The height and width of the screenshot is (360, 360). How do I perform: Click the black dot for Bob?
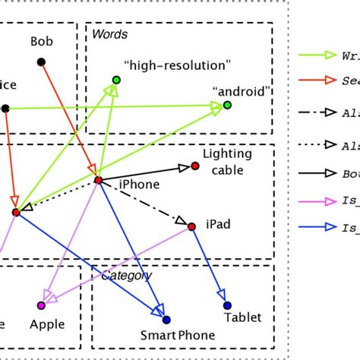tap(41, 61)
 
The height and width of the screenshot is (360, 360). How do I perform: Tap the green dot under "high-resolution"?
tap(116, 80)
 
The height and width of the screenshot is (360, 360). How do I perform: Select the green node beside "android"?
tap(226, 107)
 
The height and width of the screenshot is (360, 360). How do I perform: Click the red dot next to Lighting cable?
tap(195, 166)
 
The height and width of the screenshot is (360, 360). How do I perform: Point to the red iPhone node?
tap(98, 180)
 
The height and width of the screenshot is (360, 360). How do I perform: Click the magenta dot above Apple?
tap(41, 305)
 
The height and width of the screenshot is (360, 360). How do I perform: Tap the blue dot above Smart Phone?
tap(166, 320)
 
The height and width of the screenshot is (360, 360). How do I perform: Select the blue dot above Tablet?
tap(227, 305)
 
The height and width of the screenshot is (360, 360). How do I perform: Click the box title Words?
tap(109, 34)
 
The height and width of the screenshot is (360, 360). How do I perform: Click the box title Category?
tap(127, 275)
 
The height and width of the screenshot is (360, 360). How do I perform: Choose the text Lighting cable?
tap(226, 162)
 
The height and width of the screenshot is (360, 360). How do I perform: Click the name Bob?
tap(42, 40)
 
